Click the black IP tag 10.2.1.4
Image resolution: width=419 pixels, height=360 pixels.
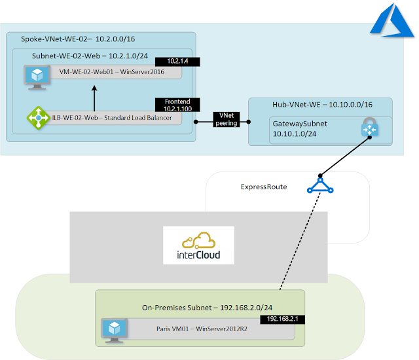177,62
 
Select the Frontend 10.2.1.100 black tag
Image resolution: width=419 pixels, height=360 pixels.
177,105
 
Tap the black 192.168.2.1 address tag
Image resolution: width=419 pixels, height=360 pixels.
282,320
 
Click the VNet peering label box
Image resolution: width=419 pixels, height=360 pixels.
230,119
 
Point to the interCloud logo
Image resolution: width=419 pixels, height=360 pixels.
198,245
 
